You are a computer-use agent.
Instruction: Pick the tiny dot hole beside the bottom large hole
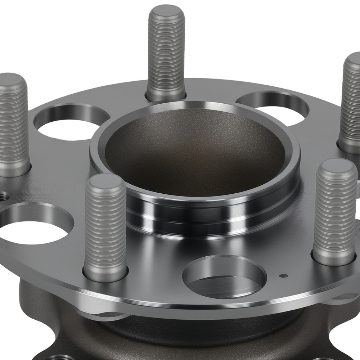point(284,276)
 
